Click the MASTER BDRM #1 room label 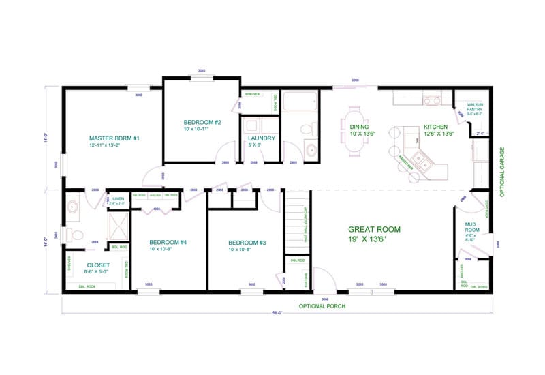tap(114, 138)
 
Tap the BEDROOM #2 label tap(202, 122)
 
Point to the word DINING tap(359, 127)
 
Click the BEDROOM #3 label tap(247, 243)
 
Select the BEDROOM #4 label tap(168, 242)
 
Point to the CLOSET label tap(99, 265)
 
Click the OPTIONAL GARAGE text tap(502, 172)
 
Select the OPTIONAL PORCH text tap(322, 306)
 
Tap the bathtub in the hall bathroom tap(300, 103)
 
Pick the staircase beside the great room tap(294, 222)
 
